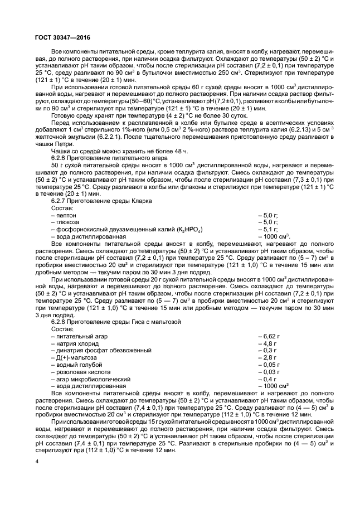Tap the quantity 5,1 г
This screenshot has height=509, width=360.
(x=270, y=229)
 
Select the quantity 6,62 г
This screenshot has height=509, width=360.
(x=270, y=336)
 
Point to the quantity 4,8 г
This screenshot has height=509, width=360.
(x=269, y=343)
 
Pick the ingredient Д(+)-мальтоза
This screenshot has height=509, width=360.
(x=76, y=357)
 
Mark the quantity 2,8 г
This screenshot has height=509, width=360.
(x=269, y=357)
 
